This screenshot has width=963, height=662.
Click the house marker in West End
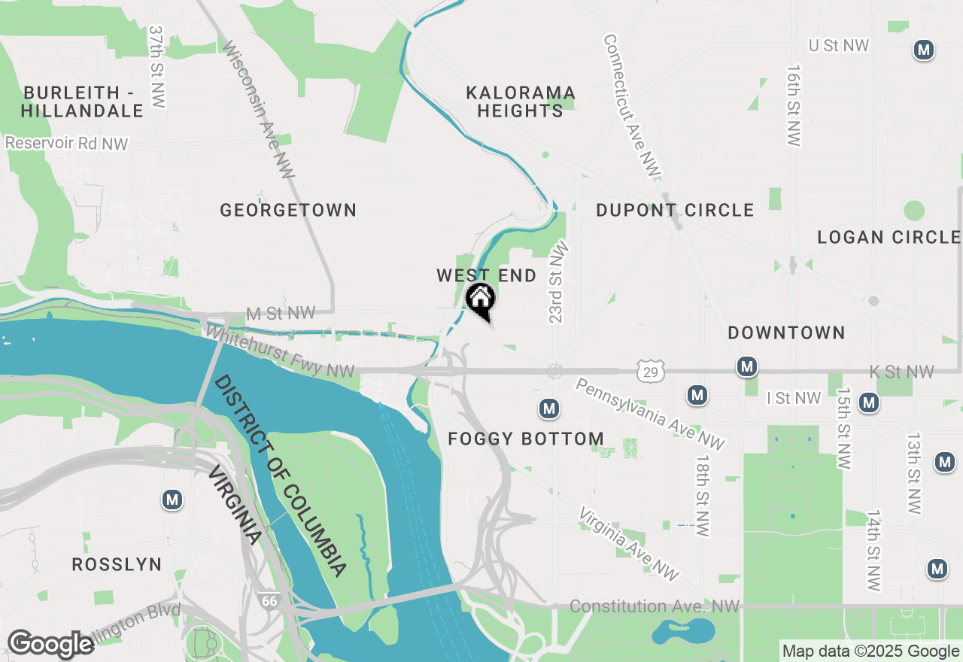click(480, 299)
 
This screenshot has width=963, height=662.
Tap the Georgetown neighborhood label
click(288, 210)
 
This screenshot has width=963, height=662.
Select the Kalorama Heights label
click(521, 102)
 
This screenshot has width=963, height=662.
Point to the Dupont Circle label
click(675, 210)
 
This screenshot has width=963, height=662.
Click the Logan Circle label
click(889, 238)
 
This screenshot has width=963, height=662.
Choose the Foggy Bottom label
click(526, 439)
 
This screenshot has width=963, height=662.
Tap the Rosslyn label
click(117, 564)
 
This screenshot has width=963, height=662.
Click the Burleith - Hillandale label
click(82, 102)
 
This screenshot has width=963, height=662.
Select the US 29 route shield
click(649, 370)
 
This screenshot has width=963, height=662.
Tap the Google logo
click(50, 645)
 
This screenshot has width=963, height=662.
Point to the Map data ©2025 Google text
click(870, 651)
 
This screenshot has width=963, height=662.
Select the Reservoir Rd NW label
click(66, 143)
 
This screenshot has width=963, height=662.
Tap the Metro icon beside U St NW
click(924, 50)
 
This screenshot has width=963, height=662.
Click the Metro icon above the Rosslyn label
click(173, 500)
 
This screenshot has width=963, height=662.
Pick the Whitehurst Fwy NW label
click(280, 351)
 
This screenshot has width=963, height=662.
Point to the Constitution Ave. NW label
click(655, 606)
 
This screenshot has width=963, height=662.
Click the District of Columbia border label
click(280, 475)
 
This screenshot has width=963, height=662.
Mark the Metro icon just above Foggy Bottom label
click(549, 408)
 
